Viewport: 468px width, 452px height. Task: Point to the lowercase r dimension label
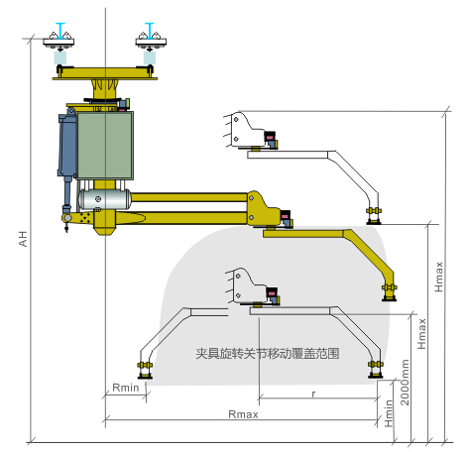(313, 394)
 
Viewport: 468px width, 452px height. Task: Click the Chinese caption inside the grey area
(268, 352)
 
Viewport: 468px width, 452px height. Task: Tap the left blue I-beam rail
(61, 30)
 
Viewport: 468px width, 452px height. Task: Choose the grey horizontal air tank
(105, 197)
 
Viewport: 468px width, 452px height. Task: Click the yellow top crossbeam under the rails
(105, 72)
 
